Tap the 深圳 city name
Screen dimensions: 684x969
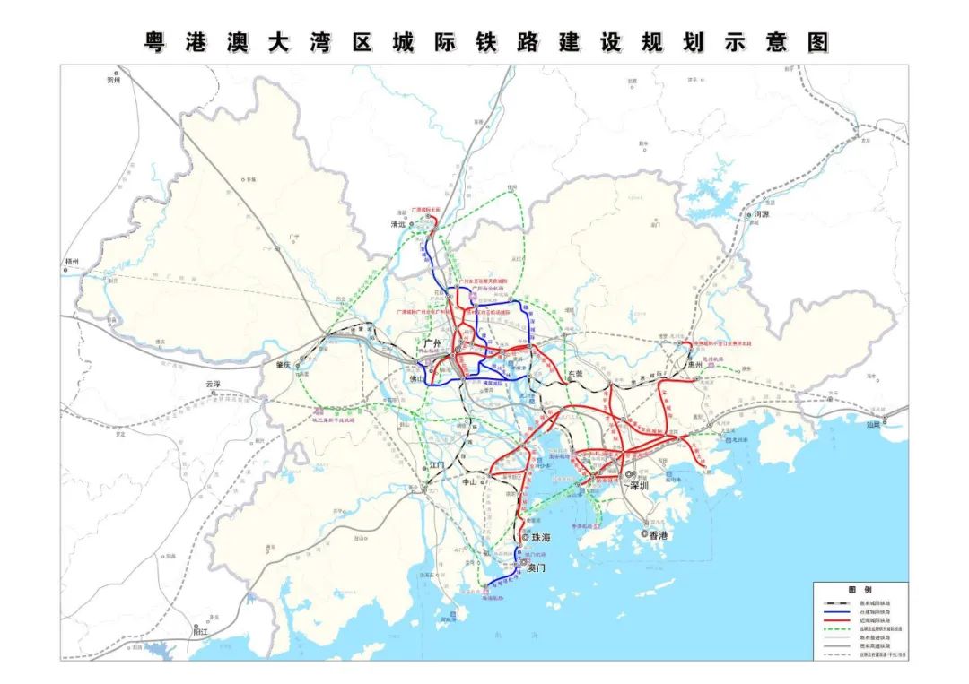639,485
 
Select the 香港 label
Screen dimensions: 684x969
659,535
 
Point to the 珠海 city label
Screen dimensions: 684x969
542,538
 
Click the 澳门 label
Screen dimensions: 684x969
537,568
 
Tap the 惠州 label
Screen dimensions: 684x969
695,365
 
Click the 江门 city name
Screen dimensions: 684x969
437,465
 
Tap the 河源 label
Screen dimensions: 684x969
763,214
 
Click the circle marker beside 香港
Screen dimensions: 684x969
644,533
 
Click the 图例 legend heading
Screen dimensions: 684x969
860,591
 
